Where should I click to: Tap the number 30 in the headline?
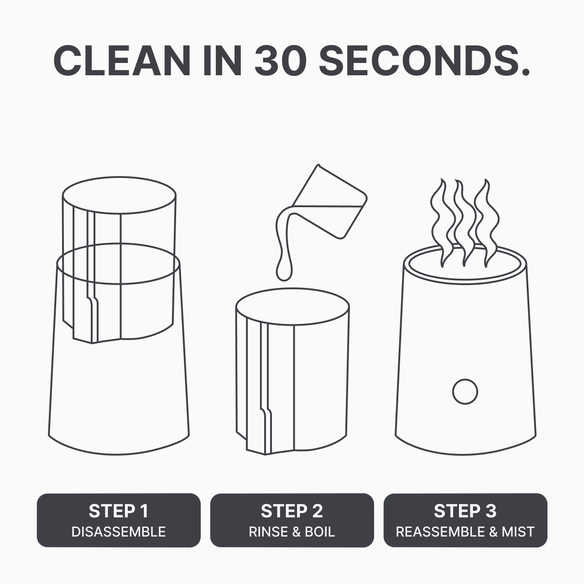coord(280,60)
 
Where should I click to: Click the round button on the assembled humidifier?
coord(465,391)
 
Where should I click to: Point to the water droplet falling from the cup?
coord(283,271)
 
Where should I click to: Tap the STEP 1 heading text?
coord(119,511)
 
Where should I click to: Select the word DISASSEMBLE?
coord(119,532)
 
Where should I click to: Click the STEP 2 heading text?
coord(292,511)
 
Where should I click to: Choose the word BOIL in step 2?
coord(320,532)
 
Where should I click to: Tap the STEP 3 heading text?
coord(465,511)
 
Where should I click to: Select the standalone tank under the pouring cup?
coord(292,374)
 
